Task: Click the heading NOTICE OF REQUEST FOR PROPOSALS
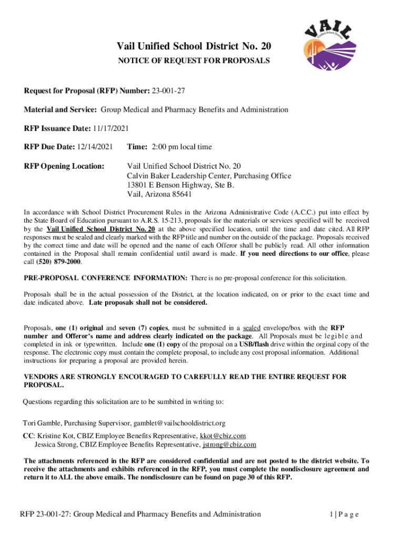coord(194,61)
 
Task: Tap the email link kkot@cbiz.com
coord(222,436)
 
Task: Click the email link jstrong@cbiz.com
coord(229,444)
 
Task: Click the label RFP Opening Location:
coord(65,167)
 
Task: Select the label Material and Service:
coord(60,110)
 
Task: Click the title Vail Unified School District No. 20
coord(194,48)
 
